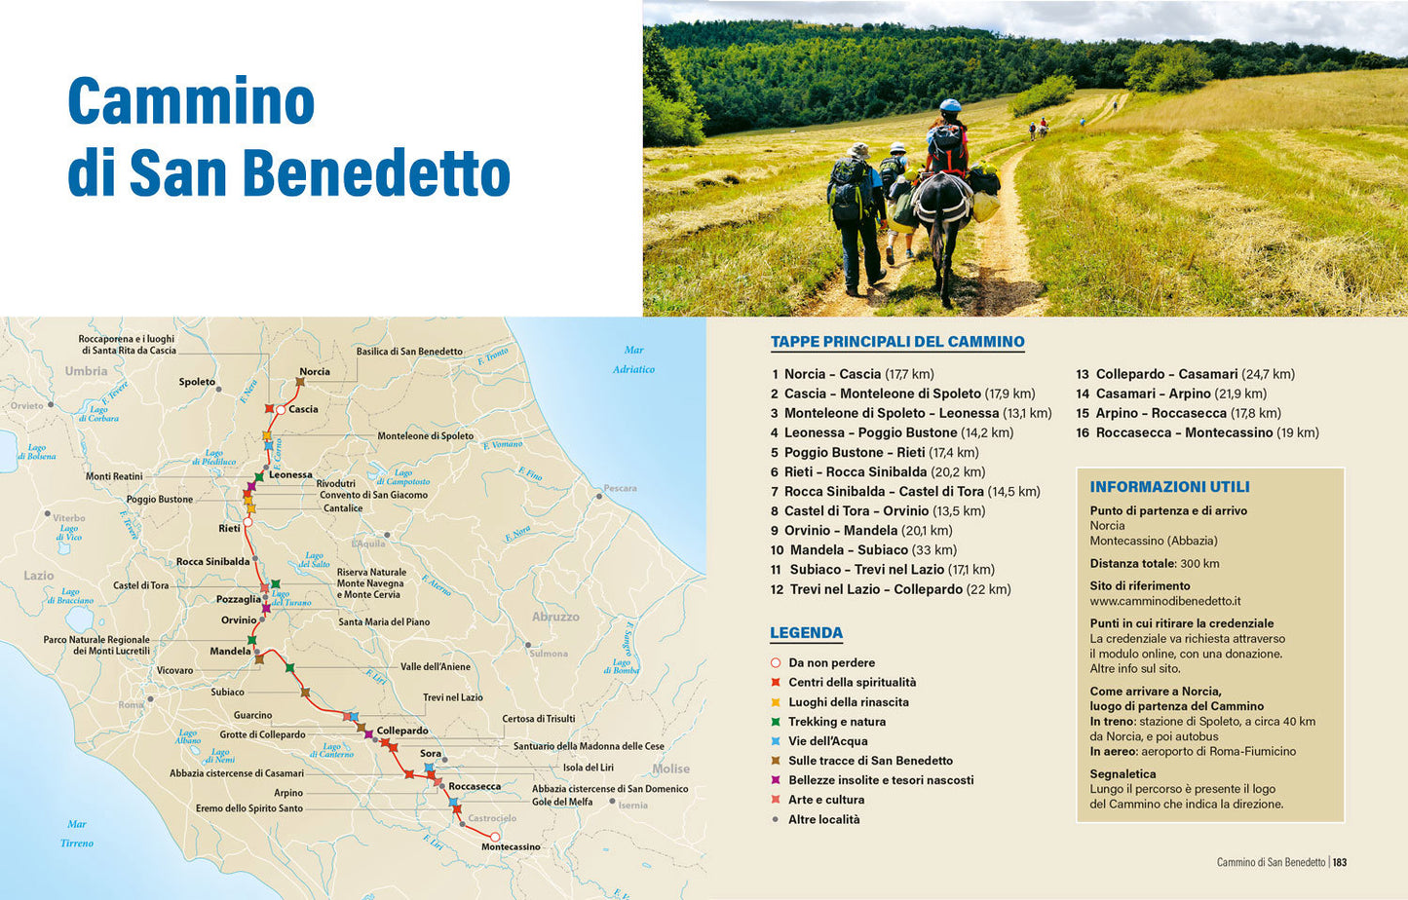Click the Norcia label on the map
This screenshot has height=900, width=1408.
point(314,371)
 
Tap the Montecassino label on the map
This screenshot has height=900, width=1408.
point(511,846)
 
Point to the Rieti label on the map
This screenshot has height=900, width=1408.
point(229,528)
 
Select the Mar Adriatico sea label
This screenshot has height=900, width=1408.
point(633,359)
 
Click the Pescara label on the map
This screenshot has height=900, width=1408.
point(620,488)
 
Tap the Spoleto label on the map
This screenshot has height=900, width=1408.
point(197,382)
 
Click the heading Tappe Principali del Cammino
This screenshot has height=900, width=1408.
point(897,342)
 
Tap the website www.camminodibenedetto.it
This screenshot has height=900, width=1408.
point(1165,601)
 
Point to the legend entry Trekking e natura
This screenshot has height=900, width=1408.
point(837,722)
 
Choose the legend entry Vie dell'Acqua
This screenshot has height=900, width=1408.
point(827,741)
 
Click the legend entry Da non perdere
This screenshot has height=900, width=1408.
point(831,662)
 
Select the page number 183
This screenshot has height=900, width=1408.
point(1340,862)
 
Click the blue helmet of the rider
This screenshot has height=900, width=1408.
point(950,105)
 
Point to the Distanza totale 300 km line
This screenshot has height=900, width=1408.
point(1155,563)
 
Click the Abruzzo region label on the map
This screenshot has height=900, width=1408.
point(555,617)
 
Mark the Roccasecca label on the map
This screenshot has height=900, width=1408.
point(475,786)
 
